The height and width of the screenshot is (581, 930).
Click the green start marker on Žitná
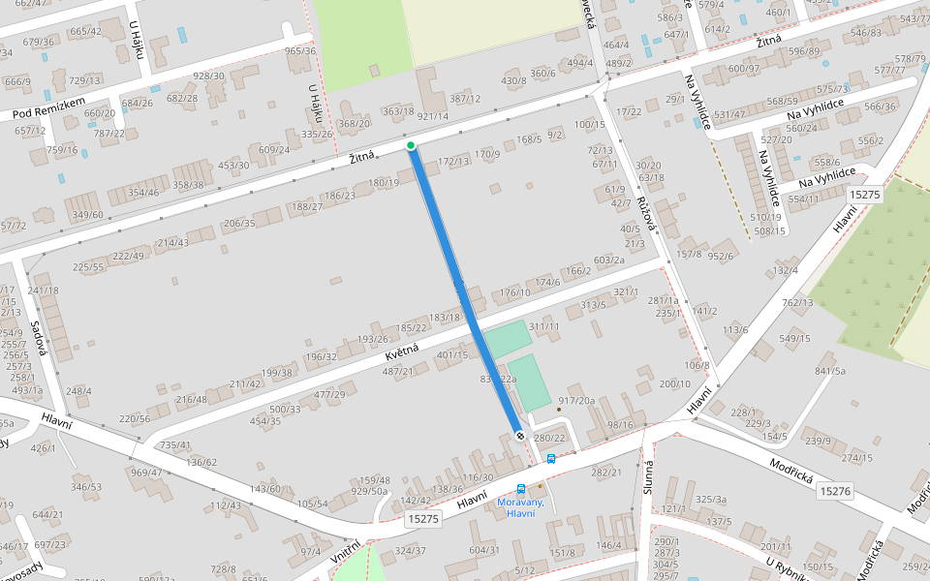tap(411, 146)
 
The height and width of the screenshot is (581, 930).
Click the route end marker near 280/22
tap(520, 436)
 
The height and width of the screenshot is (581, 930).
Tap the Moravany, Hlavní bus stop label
tap(520, 506)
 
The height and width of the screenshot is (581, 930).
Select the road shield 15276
tap(834, 492)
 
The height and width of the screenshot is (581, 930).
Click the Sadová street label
tap(39, 339)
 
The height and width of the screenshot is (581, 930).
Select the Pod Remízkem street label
tap(49, 108)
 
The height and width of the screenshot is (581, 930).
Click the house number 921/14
tap(432, 116)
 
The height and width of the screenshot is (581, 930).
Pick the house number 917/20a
tap(576, 401)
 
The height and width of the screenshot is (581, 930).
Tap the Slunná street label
tap(647, 477)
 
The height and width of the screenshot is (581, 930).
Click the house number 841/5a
tap(830, 371)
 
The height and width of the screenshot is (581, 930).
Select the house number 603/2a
tap(608, 260)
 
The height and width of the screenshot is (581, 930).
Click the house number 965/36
tap(300, 51)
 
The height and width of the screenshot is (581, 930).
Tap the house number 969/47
tap(145, 472)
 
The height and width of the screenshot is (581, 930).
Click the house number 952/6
tap(720, 256)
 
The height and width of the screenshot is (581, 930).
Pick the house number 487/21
tap(397, 372)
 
